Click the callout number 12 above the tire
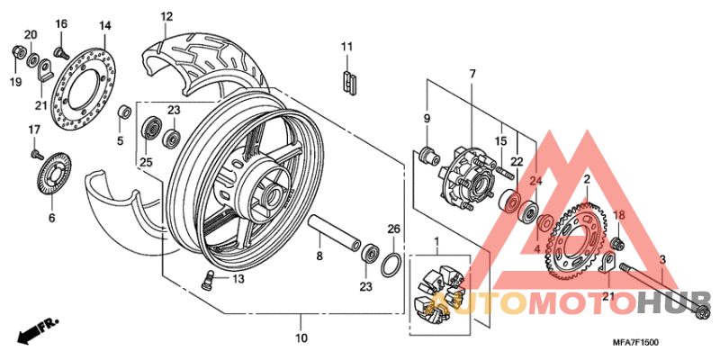[x=166, y=16]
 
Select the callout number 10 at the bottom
[x=301, y=338]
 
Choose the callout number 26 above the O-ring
[x=392, y=229]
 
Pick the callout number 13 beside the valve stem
[x=238, y=279]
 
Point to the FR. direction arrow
[x=35, y=328]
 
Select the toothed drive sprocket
[x=576, y=243]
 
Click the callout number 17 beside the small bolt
[x=34, y=130]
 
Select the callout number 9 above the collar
[x=427, y=118]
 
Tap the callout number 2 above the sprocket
[x=586, y=181]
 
